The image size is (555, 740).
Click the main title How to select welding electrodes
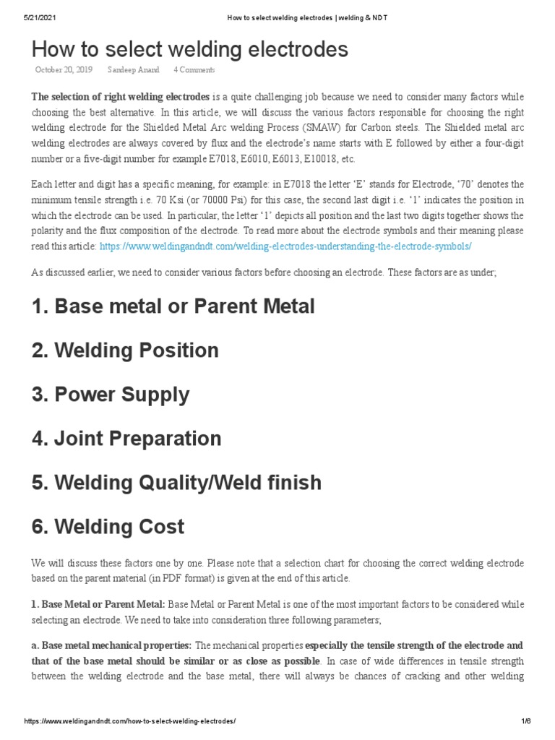pos(189,49)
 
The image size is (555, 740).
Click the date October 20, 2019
pos(64,70)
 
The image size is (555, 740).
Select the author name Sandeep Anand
pos(134,70)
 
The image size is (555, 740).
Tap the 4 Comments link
pos(194,70)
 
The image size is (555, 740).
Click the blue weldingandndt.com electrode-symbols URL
pos(285,246)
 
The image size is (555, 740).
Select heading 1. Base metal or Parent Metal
pos(173,306)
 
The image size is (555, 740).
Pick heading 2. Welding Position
pos(125,350)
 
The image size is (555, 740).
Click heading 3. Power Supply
pos(111,395)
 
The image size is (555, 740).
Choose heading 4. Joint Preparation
pos(126,439)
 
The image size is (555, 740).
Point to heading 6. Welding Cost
pos(108,527)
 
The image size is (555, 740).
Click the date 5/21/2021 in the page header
pos(39,17)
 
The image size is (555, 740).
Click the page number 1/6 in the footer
pos(525,722)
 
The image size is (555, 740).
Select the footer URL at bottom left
pos(130,722)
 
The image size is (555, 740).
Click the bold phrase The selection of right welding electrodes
pos(120,97)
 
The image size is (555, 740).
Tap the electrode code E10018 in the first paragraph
pos(320,159)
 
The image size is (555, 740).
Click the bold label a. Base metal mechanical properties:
pos(111,645)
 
